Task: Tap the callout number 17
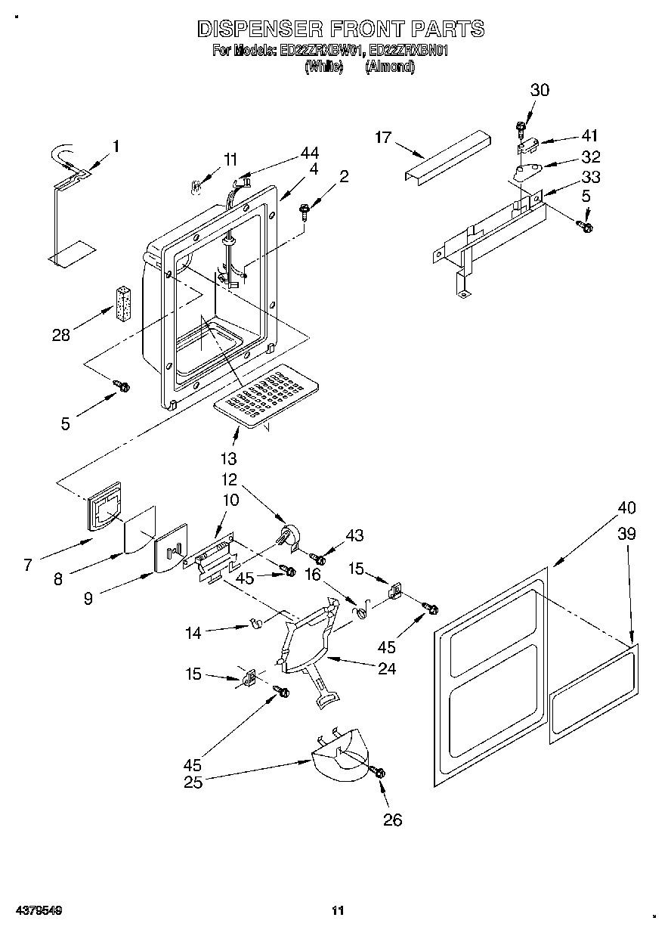(383, 137)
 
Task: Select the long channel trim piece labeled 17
(446, 155)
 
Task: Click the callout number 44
(309, 152)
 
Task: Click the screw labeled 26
(379, 772)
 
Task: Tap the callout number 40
(626, 507)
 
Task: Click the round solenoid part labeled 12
(289, 538)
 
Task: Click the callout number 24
(386, 668)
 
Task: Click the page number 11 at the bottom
(339, 910)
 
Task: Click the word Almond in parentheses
(390, 67)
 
